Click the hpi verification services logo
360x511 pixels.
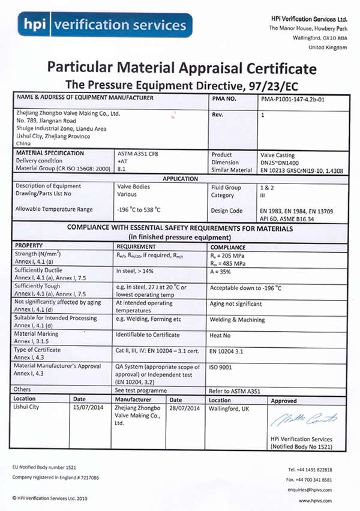click(105, 25)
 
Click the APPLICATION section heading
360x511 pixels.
click(180, 179)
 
